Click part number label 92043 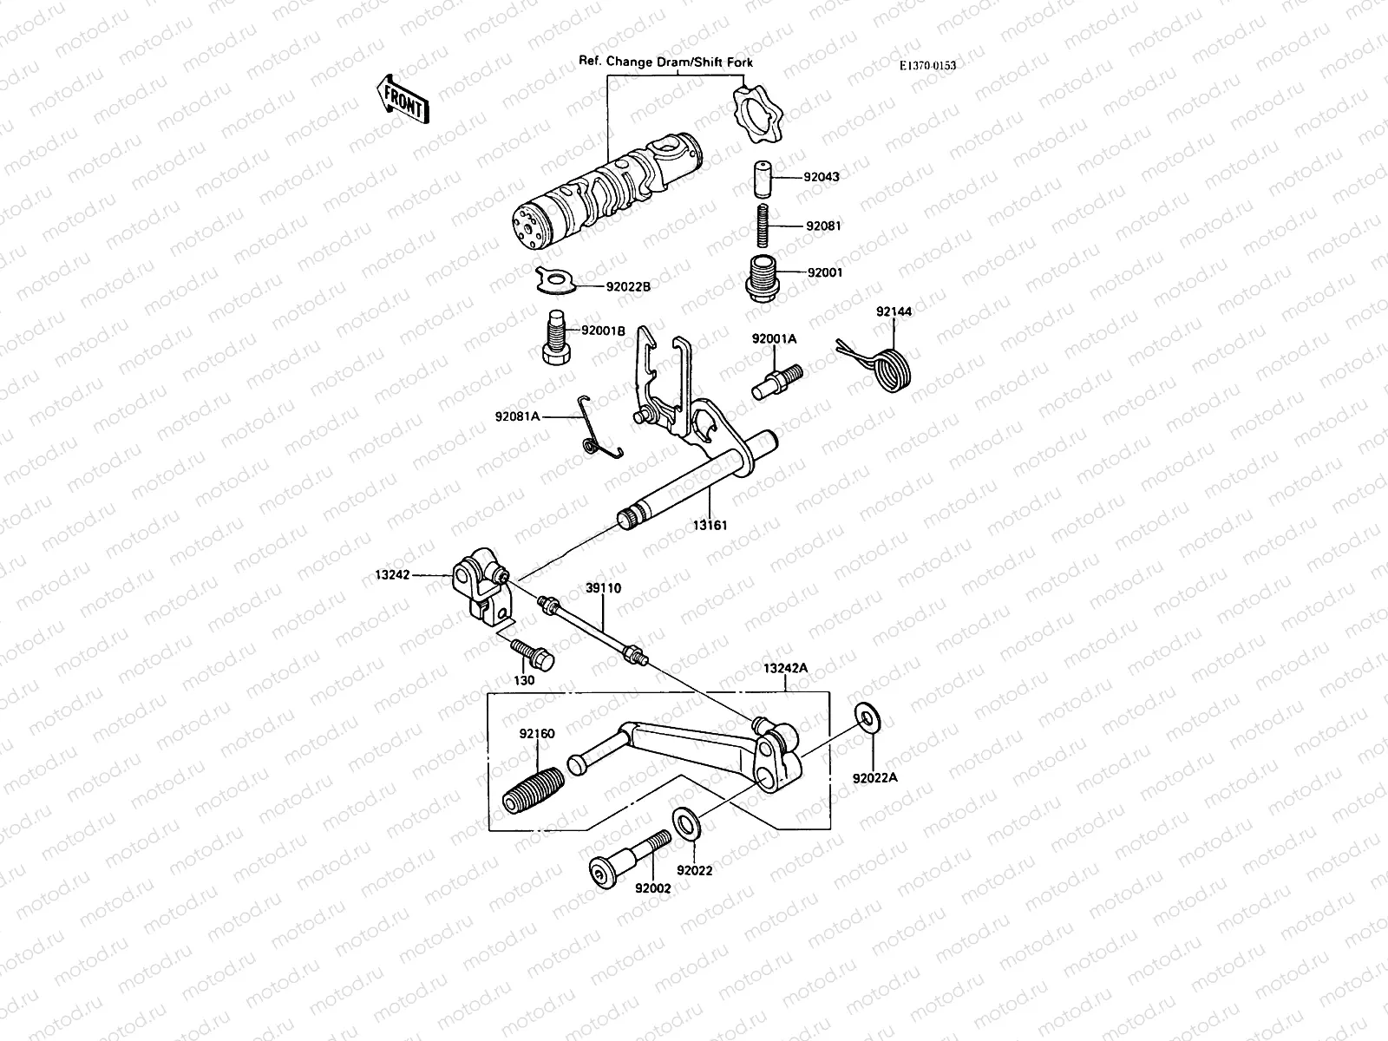tap(821, 177)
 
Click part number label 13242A tap(784, 667)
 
